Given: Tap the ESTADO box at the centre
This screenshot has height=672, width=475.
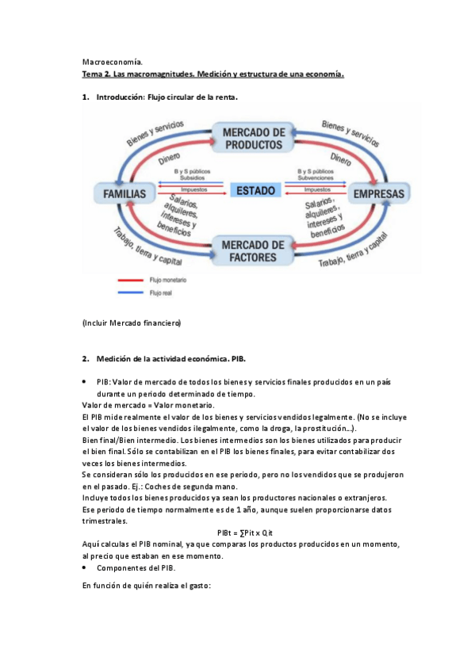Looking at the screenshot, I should [255, 190].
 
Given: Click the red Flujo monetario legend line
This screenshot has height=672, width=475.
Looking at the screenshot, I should [132, 280].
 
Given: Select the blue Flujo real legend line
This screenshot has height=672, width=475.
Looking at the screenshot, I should [132, 292].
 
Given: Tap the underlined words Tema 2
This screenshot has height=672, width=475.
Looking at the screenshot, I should [96, 74].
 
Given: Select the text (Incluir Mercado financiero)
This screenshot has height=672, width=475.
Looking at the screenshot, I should [132, 323].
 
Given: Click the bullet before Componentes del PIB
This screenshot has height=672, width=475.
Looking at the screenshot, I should [85, 568].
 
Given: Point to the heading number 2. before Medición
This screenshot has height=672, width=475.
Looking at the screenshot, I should [86, 358].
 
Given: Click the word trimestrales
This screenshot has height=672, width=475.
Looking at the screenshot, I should [106, 521].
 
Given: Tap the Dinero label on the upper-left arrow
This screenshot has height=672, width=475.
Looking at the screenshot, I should [169, 158].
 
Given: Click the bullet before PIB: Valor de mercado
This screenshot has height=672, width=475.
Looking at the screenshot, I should [85, 382].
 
